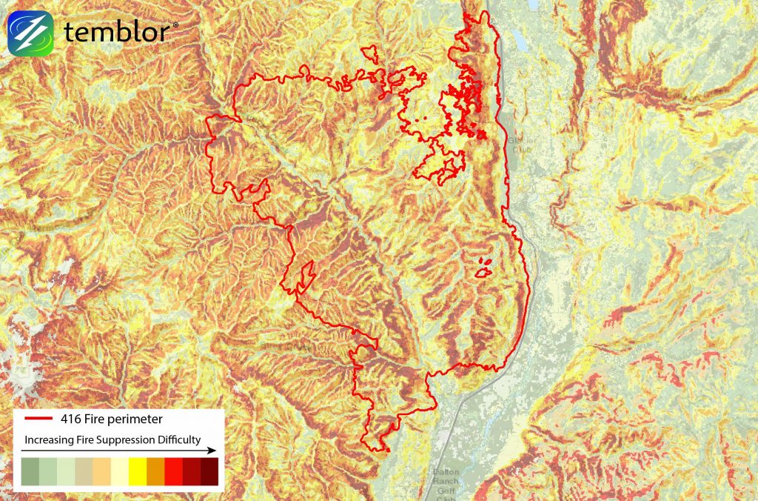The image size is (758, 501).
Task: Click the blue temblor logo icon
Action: coord(31,33)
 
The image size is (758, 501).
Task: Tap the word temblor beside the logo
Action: coord(118,33)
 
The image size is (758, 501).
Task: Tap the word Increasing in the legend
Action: coord(49,439)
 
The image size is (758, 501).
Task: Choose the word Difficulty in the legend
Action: coord(176,439)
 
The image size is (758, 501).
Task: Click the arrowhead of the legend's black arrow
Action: coord(212,450)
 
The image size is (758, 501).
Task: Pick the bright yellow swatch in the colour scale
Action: coord(138,472)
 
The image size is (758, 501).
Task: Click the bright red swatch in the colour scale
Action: coord(173,472)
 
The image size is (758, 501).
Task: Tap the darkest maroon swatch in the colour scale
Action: coord(209,472)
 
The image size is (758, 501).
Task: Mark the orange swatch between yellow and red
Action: coord(155,472)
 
